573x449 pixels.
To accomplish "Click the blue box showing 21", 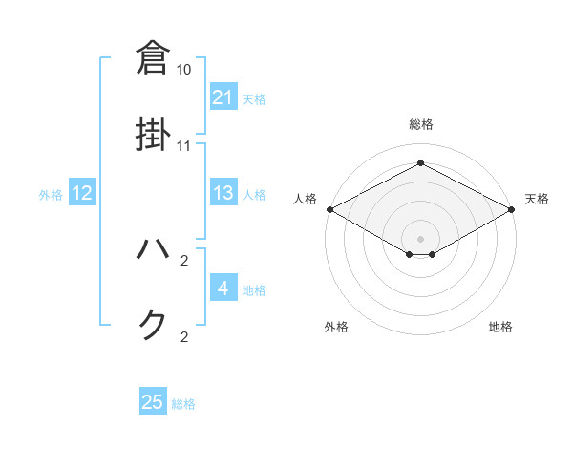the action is coord(223,97).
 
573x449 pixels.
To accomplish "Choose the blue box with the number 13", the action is coord(223,194).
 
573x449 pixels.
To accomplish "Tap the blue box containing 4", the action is coord(223,289).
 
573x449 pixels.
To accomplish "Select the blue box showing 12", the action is coord(82,194).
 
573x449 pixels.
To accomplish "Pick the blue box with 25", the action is coord(153,402).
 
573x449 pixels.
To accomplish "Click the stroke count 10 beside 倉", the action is coord(184,70).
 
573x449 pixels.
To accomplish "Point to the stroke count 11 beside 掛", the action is coord(184,146).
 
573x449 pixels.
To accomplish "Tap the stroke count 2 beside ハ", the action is coord(184,261).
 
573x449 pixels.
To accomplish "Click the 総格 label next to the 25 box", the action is coord(183,404).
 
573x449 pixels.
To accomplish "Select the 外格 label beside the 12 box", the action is coord(51,195).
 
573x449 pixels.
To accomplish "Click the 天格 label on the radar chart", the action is coord(537,199).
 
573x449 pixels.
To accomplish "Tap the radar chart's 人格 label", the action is coord(305,199).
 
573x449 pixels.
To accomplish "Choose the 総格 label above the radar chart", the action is coord(420,124).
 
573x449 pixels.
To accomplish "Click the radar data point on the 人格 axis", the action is coord(329,209).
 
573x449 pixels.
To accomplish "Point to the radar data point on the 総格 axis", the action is coord(420,163).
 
